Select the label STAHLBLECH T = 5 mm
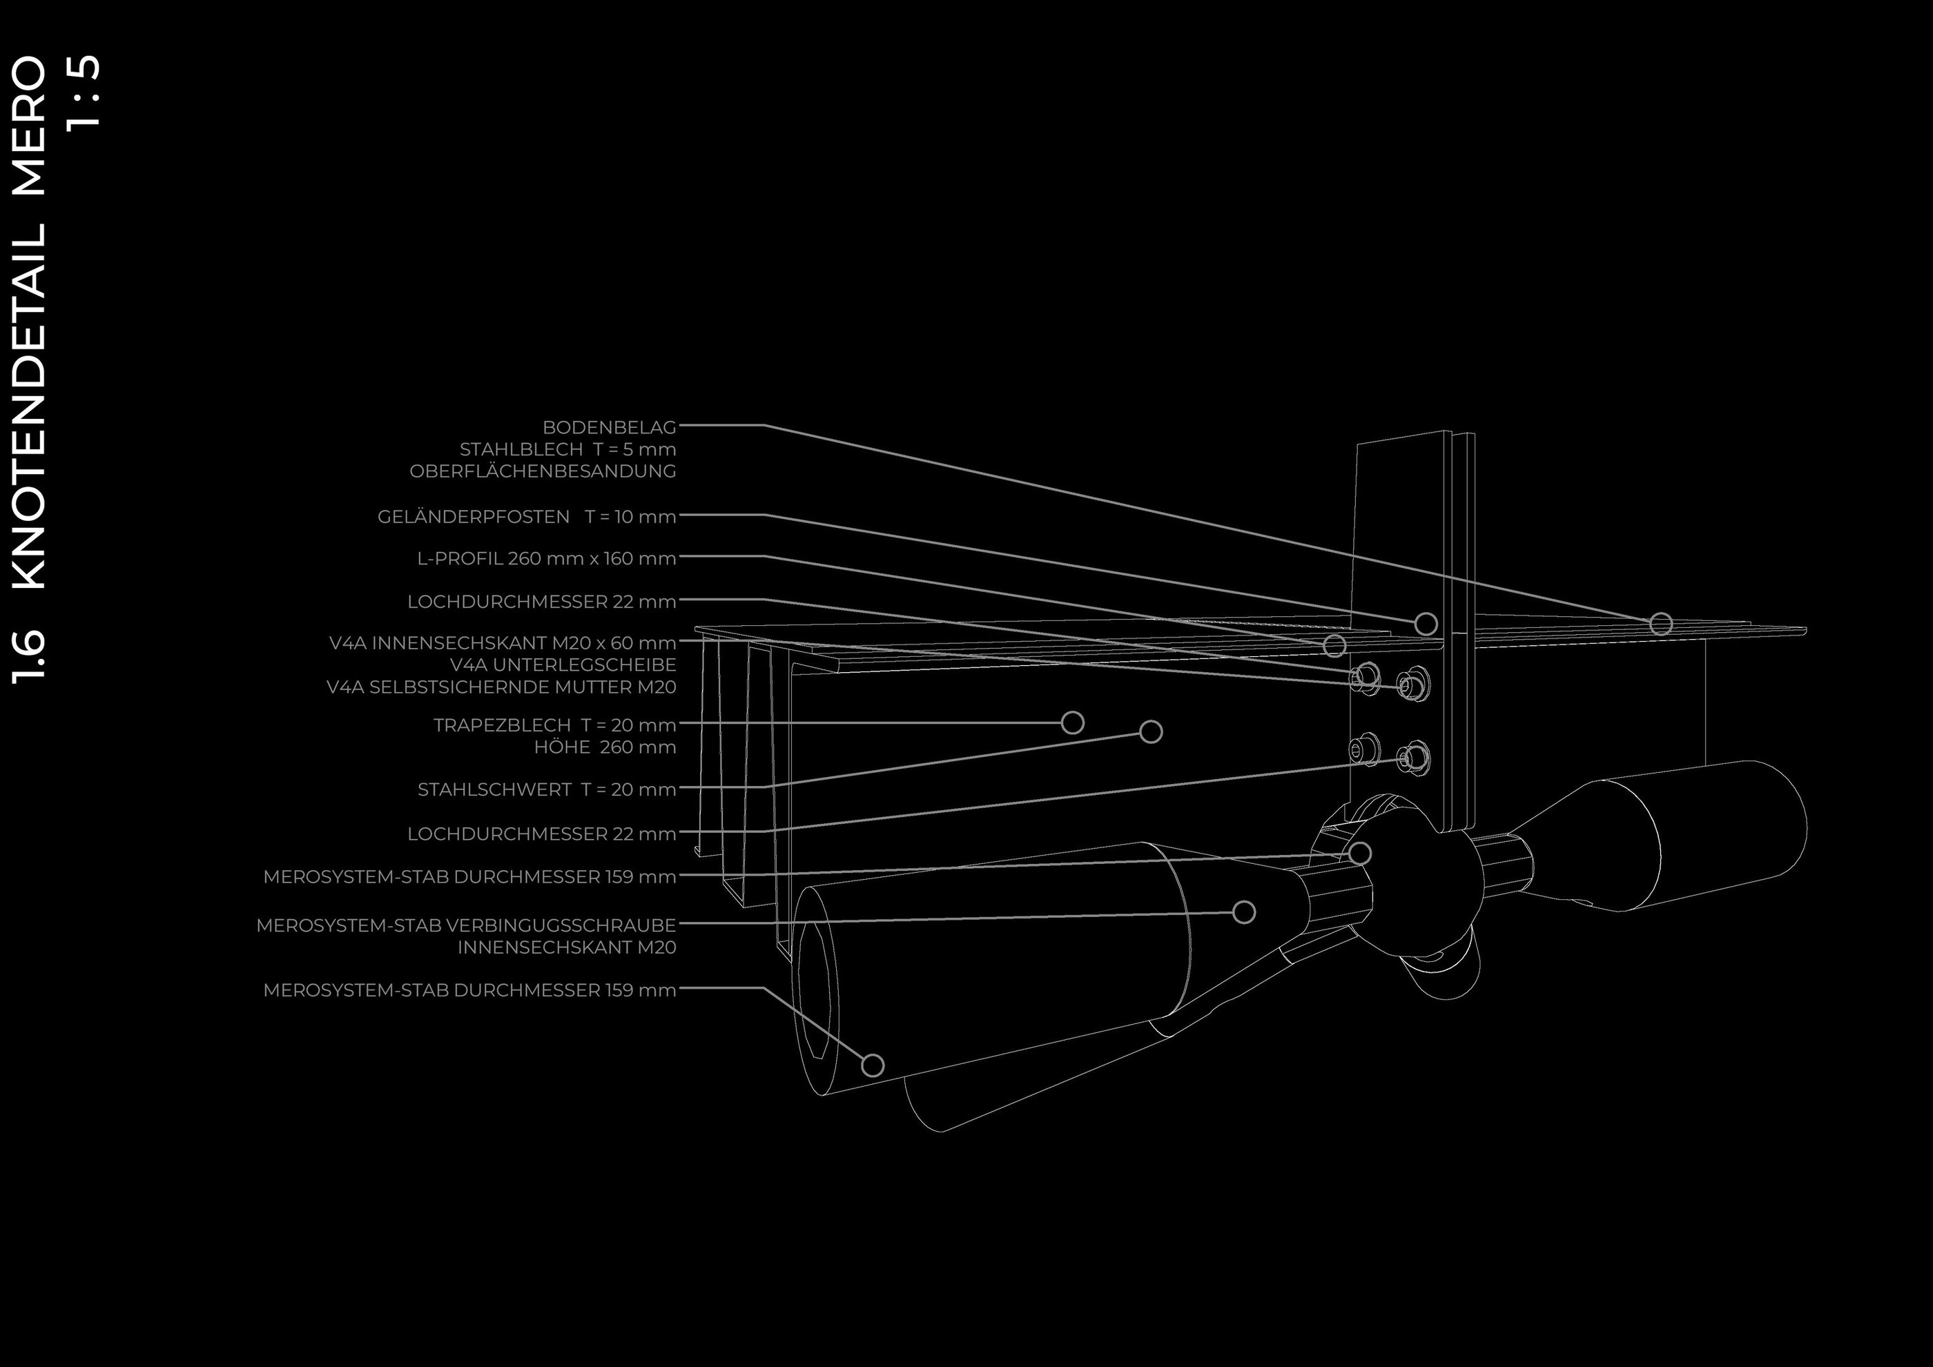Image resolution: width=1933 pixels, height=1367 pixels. coord(567,449)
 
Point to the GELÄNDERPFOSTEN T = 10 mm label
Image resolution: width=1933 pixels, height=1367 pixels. coord(526,517)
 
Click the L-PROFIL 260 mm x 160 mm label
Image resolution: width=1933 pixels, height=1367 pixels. coord(546,559)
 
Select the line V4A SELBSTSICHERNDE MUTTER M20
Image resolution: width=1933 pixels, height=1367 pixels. coord(501,687)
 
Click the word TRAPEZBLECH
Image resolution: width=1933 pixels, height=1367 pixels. coord(502,725)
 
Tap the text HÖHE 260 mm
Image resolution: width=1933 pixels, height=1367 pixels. coord(605,747)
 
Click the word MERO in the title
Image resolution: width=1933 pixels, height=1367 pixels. coord(30,126)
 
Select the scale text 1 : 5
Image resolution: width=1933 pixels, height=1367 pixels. coord(84,91)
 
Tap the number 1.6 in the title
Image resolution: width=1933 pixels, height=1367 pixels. coord(30,656)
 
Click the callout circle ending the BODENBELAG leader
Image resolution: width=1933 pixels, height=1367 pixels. coord(1660,624)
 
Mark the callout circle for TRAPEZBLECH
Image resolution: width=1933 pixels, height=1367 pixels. coord(1071,722)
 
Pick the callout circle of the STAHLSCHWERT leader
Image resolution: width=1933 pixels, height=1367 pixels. coord(1151,731)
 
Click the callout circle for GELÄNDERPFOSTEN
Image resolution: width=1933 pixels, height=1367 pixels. coord(1426,624)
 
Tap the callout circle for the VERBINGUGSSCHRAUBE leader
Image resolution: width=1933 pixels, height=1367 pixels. coord(1243,912)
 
